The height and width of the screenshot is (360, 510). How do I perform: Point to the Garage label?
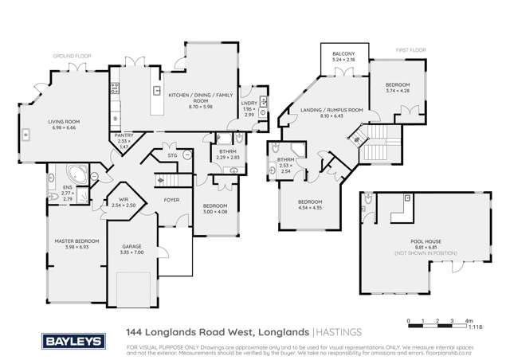[131, 247]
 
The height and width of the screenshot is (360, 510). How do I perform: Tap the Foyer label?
[171, 201]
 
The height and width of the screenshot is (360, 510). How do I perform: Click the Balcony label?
[348, 55]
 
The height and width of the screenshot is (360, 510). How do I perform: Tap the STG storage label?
[171, 156]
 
